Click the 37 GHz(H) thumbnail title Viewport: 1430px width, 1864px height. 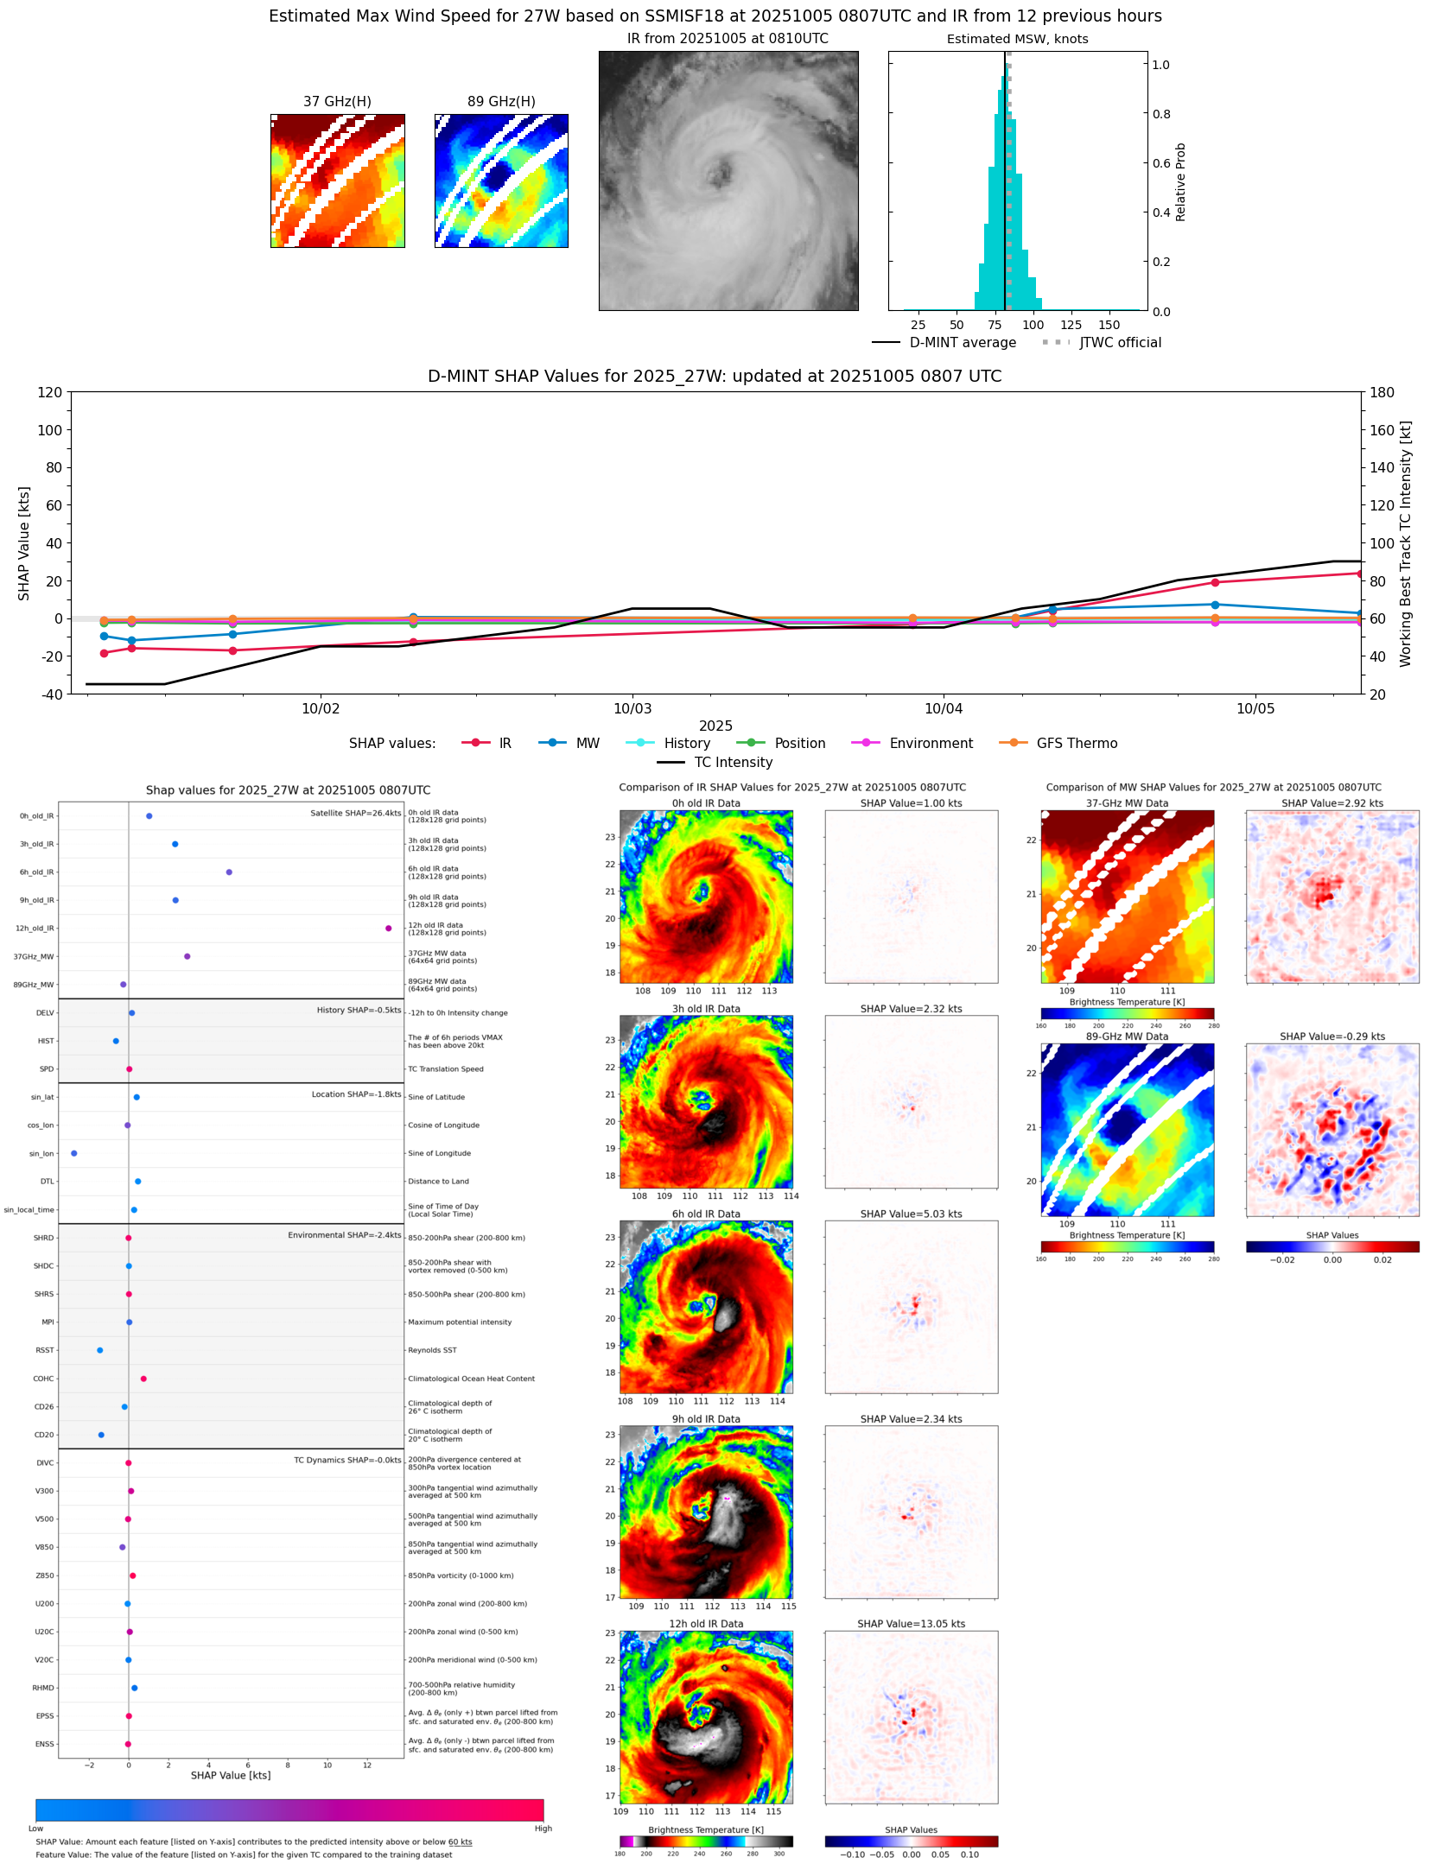[x=337, y=102]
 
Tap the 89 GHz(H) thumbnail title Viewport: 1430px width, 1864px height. [x=501, y=102]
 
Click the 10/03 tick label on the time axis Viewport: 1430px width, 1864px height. [x=632, y=709]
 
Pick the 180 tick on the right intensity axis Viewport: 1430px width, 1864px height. [x=1382, y=393]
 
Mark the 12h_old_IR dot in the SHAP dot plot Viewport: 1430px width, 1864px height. [x=388, y=929]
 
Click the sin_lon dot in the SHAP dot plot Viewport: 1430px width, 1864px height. [x=74, y=1153]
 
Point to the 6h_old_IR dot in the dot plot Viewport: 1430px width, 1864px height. [x=229, y=872]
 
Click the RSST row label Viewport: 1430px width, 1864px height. [x=44, y=1350]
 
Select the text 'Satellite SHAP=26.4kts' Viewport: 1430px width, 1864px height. [x=355, y=814]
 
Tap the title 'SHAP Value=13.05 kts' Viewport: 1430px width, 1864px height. [x=911, y=1624]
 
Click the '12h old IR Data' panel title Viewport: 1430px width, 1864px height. [x=706, y=1624]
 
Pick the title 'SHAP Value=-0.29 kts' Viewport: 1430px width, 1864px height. [x=1331, y=1037]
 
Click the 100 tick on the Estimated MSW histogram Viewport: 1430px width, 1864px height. [x=1033, y=326]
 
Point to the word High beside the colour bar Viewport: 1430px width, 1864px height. [x=543, y=1829]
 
